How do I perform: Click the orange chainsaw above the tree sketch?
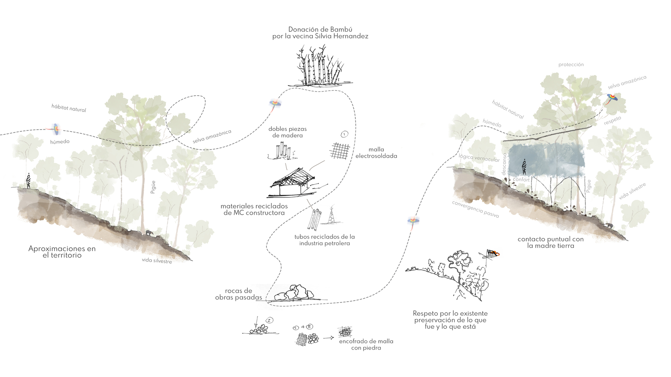click(492, 254)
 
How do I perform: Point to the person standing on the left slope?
click(28, 181)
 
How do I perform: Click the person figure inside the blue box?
click(525, 166)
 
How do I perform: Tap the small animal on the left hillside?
click(150, 232)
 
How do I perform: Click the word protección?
click(571, 65)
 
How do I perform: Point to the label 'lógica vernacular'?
click(479, 158)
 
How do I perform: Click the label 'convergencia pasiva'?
click(475, 209)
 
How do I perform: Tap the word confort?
click(521, 180)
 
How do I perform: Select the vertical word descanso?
click(504, 164)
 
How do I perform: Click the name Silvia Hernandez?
click(341, 36)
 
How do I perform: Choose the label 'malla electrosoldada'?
click(376, 152)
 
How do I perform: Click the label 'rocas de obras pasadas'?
click(238, 294)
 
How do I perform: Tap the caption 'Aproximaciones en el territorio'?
click(62, 252)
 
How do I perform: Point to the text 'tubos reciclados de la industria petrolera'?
click(324, 240)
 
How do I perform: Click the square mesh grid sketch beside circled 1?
click(340, 151)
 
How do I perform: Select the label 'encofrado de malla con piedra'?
click(366, 344)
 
